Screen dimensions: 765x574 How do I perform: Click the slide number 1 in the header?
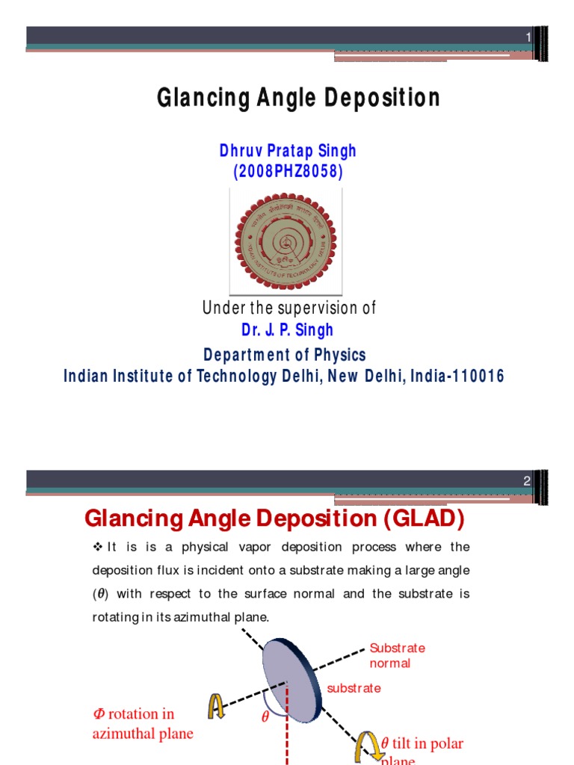click(528, 37)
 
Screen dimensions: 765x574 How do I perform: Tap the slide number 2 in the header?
click(527, 481)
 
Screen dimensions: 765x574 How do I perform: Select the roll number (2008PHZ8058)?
click(288, 172)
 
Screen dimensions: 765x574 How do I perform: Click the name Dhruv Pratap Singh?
click(288, 151)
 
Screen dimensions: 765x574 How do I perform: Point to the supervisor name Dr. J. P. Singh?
click(287, 329)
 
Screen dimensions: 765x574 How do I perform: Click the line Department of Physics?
click(286, 354)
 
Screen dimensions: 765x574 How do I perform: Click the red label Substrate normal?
click(397, 655)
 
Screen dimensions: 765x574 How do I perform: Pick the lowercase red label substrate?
click(354, 688)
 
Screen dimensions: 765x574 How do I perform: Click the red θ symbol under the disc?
click(264, 717)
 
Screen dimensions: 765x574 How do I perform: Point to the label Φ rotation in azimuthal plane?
click(142, 723)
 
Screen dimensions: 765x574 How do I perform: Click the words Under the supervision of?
click(288, 308)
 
